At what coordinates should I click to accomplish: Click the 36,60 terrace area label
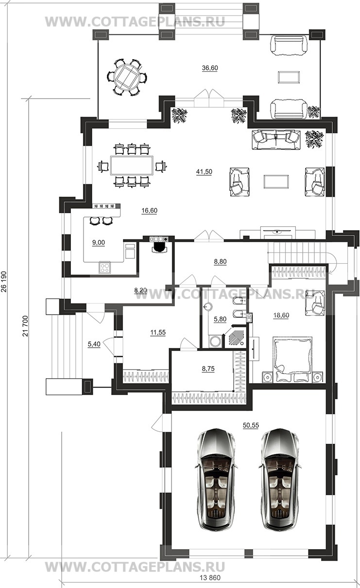pos(210,68)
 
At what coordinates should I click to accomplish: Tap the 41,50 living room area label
pos(204,172)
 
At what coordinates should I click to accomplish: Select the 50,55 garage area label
pos(251,425)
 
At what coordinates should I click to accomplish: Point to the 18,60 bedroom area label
pos(281,315)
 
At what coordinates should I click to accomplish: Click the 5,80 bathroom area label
pos(220,319)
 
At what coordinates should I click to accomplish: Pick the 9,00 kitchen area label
pos(99,243)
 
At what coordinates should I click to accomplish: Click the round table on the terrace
pos(127,77)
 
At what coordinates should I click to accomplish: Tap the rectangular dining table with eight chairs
pos(132,166)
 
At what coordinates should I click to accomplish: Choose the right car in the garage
pos(280,480)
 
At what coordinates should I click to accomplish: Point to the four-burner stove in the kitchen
pos(104,268)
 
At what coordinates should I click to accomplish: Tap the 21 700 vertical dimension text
pos(25,326)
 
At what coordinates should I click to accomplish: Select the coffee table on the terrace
pos(289,77)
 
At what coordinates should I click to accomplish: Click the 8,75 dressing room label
pos(208,369)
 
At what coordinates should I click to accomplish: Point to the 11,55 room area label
pos(158,333)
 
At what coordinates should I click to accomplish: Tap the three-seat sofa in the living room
pos(276,140)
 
